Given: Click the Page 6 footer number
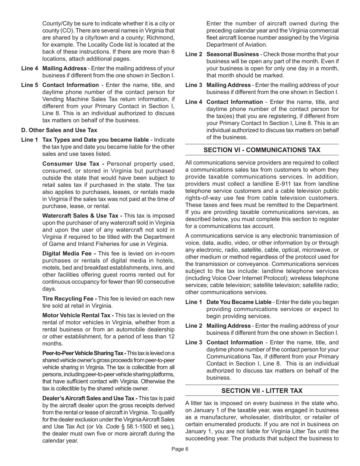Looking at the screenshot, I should point(180,449).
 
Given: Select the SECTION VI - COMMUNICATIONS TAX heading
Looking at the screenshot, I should point(262,150).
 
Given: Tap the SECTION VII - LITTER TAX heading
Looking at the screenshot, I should point(262,391).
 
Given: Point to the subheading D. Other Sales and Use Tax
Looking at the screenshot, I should point(59,130).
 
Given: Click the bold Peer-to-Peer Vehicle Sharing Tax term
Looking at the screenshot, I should point(84,353).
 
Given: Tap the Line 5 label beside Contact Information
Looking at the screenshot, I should point(30,85).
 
